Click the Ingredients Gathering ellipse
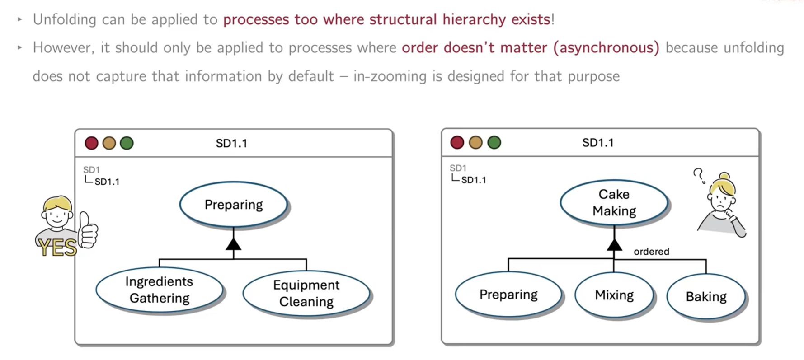(x=160, y=290)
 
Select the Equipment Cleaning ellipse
(x=306, y=293)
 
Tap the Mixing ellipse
(x=614, y=295)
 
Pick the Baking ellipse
(x=706, y=296)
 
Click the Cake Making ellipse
(x=614, y=202)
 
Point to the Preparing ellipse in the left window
(x=234, y=205)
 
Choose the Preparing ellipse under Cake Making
(x=508, y=295)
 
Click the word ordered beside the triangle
(x=651, y=252)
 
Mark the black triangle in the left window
(x=234, y=244)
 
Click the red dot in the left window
(x=92, y=143)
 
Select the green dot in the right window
(x=494, y=143)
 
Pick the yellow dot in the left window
(x=109, y=143)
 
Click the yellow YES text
(x=57, y=248)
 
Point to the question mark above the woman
(x=699, y=176)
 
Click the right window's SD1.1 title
(x=598, y=143)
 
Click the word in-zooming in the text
(x=390, y=76)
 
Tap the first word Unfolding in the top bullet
(x=65, y=20)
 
